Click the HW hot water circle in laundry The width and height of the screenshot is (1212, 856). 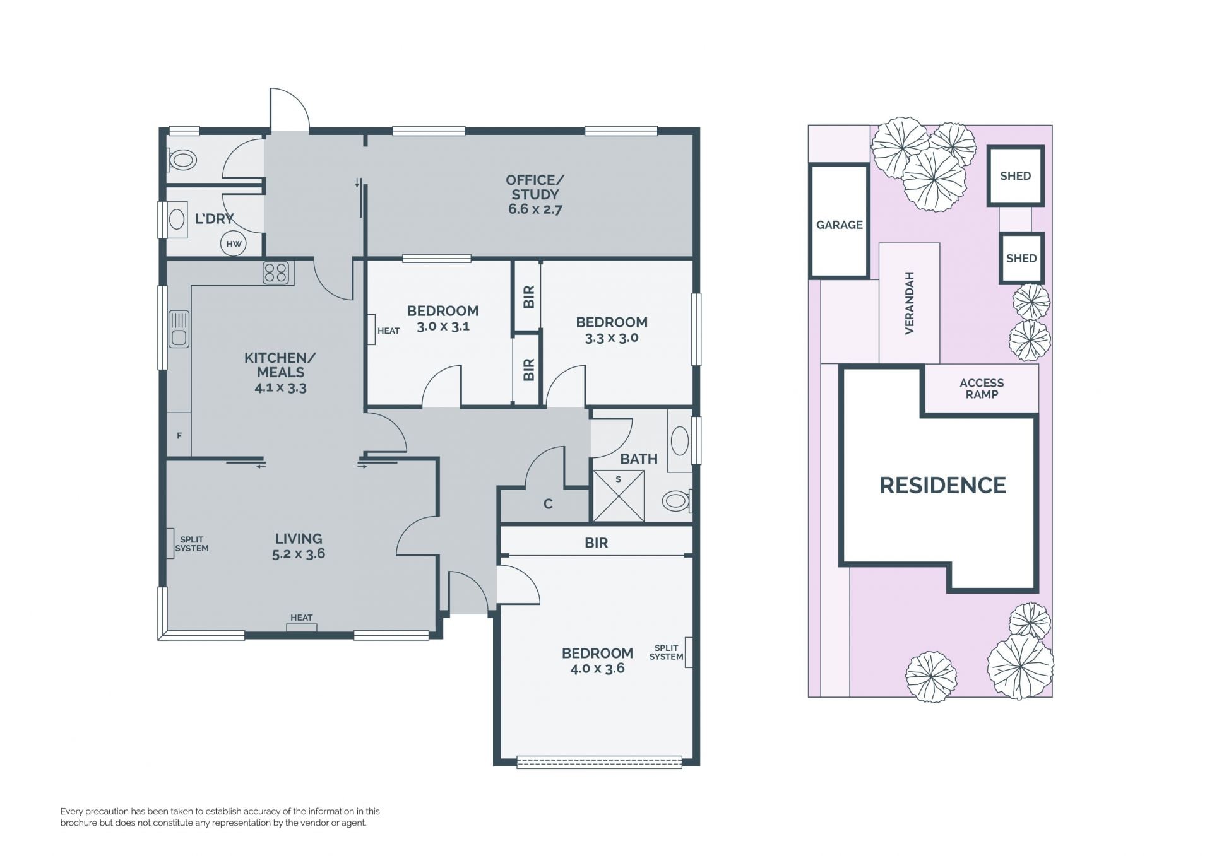coord(234,244)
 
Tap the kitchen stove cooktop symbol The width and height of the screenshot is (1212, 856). coord(276,273)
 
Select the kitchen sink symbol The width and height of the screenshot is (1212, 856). coord(179,329)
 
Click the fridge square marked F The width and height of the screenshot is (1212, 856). coord(179,435)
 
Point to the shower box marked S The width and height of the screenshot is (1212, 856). coord(619,496)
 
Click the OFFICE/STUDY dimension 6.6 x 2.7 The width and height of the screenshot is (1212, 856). coord(535,209)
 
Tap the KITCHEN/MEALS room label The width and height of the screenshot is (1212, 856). coord(280,365)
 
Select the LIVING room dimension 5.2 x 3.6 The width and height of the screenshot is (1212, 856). coord(299,554)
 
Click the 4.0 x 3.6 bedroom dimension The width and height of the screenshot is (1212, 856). coord(597,669)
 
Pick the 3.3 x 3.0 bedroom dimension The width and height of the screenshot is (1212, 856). coord(612,337)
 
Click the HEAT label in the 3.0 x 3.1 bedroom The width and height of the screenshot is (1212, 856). coord(388,331)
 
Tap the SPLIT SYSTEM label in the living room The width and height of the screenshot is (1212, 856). coord(192,544)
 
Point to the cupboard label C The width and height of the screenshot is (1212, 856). coord(548,504)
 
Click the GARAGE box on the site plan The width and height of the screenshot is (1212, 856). coord(840,221)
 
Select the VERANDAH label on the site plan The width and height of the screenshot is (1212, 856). coord(910,303)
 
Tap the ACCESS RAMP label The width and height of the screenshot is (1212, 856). coord(982,389)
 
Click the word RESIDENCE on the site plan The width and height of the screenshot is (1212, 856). coord(943,485)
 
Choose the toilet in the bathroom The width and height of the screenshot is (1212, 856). coord(677,501)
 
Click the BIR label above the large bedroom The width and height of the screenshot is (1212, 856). coord(596,542)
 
